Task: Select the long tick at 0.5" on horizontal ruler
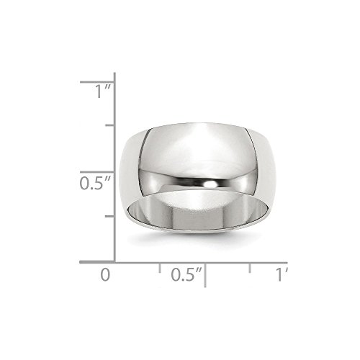[x=204, y=272]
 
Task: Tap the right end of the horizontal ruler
[x=287, y=262]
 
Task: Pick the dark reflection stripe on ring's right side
[x=257, y=155]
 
